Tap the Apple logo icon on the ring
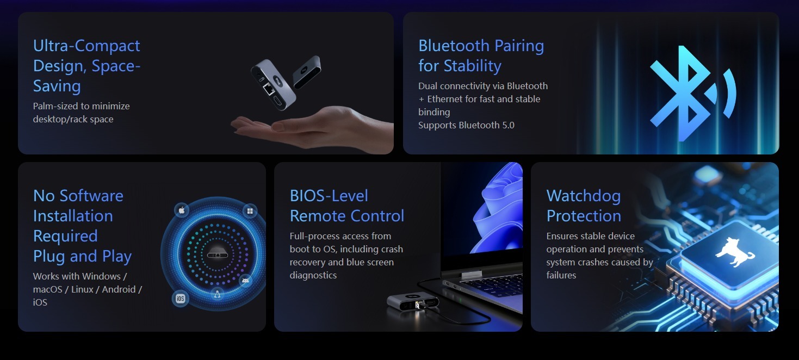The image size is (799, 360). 182,210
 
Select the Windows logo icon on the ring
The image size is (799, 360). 250,211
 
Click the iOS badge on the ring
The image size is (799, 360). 181,298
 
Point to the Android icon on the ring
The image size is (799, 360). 245,281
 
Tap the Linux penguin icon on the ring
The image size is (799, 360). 217,294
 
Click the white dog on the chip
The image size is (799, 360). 735,252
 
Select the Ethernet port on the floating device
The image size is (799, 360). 268,89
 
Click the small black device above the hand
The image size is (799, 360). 307,72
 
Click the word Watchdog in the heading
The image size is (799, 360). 584,196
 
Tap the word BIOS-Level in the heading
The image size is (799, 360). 329,196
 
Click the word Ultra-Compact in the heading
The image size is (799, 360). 86,46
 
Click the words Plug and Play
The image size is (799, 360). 82,256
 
